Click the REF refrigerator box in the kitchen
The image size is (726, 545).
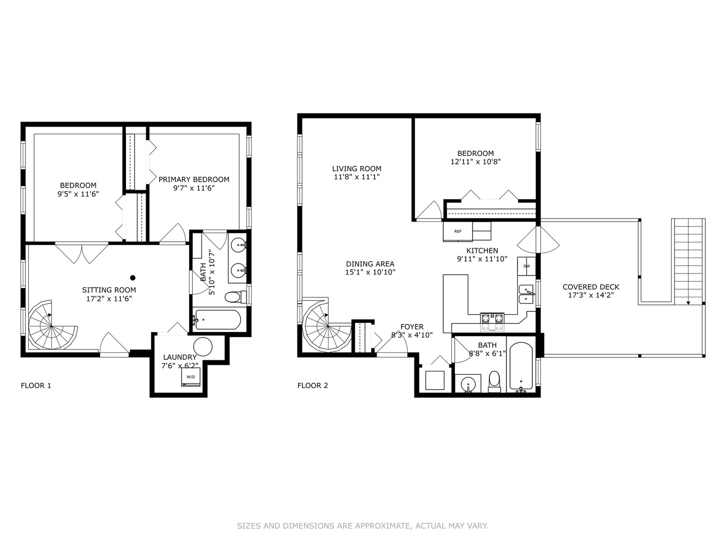click(457, 232)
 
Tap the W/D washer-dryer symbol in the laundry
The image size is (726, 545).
click(191, 377)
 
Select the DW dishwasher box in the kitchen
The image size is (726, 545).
click(526, 266)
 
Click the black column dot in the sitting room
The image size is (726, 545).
click(133, 278)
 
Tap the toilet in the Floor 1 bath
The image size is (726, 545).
click(234, 297)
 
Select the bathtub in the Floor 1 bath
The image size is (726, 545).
click(218, 319)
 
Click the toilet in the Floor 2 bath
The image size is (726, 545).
click(494, 381)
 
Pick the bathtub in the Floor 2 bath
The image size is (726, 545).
click(521, 366)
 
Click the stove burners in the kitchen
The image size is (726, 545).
click(492, 318)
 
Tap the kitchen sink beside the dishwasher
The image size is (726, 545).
click(526, 294)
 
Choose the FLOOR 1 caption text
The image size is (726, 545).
click(36, 386)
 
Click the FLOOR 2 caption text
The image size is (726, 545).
click(313, 386)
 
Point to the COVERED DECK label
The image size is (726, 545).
click(591, 287)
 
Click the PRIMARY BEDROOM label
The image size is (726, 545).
click(194, 179)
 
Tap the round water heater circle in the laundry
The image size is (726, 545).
click(203, 347)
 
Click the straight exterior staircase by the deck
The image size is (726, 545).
click(688, 260)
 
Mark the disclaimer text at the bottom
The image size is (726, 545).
click(362, 526)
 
